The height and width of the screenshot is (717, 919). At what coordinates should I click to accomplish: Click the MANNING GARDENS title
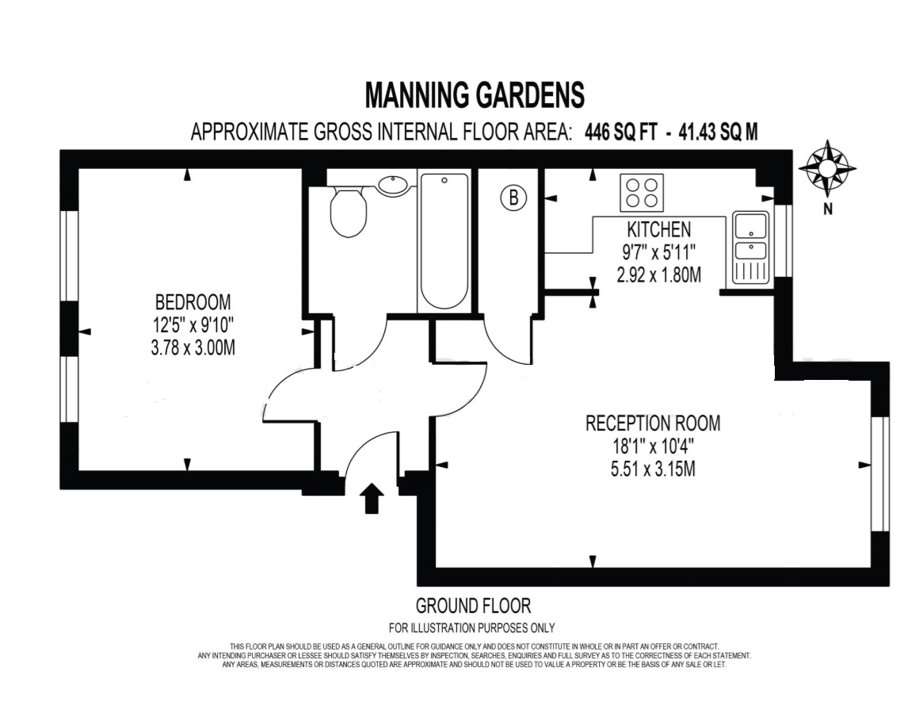(475, 94)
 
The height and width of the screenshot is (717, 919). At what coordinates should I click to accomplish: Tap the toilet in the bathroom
(348, 211)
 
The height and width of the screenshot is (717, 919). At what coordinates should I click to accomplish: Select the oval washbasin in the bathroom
(393, 185)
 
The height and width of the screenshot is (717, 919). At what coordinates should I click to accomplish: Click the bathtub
(444, 241)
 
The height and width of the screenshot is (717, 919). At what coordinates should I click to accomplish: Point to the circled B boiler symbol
(513, 197)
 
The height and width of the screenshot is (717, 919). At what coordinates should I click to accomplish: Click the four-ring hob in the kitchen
(642, 193)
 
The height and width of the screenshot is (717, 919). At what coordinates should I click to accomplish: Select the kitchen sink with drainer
(750, 247)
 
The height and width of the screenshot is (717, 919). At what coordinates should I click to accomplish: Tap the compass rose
(827, 169)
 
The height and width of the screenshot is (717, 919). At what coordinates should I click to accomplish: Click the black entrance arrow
(371, 498)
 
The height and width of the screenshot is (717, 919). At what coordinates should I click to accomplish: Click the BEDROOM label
(193, 302)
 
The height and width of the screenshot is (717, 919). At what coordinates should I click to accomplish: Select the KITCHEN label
(659, 229)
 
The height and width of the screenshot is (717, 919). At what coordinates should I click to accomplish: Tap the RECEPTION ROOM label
(653, 423)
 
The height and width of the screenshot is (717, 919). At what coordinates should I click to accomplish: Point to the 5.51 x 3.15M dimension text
(653, 470)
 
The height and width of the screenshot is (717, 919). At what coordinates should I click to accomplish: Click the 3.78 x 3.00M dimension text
(193, 348)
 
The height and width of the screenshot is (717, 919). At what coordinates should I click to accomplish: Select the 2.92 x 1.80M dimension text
(659, 274)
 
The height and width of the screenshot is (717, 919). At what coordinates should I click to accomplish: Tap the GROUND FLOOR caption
(473, 605)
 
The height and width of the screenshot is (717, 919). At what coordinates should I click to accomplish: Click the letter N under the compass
(828, 209)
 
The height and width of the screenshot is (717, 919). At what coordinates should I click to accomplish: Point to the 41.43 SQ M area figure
(718, 132)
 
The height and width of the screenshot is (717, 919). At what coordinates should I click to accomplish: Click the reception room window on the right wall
(880, 474)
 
